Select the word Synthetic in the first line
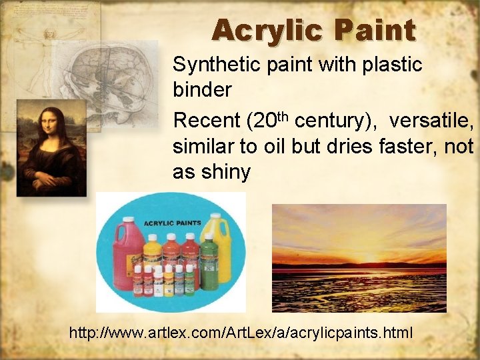211,65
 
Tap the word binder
201,90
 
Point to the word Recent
206,121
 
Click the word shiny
227,172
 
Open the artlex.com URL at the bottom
241,331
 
